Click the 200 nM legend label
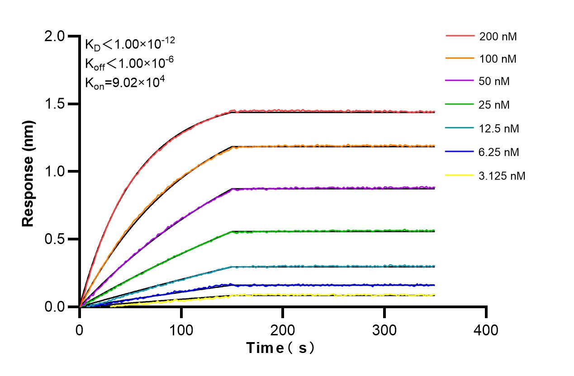click(498, 37)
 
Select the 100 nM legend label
click(498, 59)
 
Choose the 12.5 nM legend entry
click(499, 129)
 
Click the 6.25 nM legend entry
click(499, 152)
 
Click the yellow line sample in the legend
click(460, 175)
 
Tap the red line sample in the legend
click(460, 36)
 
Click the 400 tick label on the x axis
click(486, 330)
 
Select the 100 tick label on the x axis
click(181, 330)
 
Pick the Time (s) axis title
click(281, 348)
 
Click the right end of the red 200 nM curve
click(434, 112)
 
